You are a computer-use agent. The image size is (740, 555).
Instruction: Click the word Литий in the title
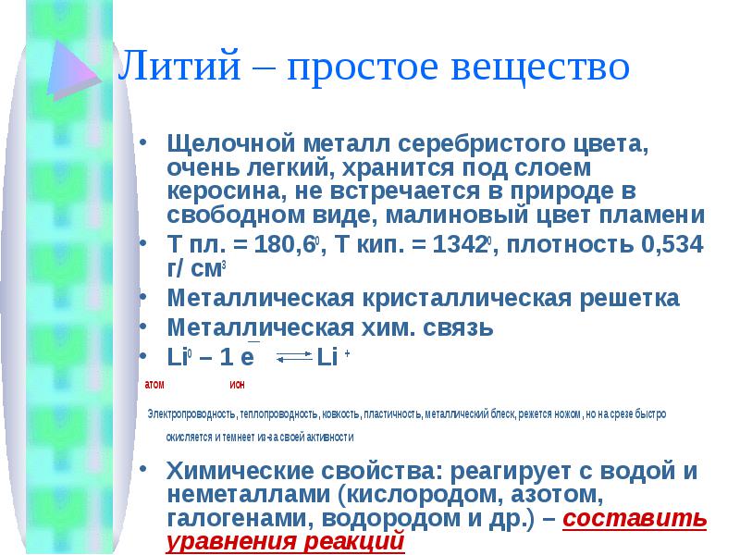179,65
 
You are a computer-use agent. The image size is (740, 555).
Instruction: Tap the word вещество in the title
540,66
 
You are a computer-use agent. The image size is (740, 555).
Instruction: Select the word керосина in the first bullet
226,191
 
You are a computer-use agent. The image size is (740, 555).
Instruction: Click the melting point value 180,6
284,244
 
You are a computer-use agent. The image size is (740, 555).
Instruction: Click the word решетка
629,298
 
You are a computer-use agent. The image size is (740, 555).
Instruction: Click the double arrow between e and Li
294,356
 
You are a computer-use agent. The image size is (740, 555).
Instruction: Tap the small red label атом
154,385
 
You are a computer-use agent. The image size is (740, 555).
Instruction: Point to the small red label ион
237,385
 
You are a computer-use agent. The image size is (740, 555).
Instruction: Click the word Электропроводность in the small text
191,414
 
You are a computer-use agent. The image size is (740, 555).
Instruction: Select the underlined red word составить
635,518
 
